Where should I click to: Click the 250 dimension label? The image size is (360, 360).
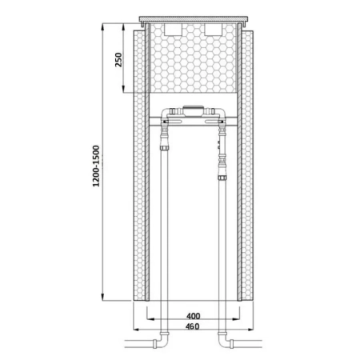(x=118, y=60)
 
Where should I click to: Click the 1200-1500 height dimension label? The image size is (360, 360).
(x=96, y=166)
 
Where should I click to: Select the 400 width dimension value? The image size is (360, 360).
(x=194, y=316)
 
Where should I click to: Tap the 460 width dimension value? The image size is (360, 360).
(x=193, y=326)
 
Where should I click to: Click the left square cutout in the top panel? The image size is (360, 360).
(x=173, y=30)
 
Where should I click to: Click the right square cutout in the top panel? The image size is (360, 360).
(x=214, y=30)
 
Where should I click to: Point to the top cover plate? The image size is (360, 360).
(x=194, y=19)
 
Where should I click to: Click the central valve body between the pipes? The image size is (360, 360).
(x=194, y=110)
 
